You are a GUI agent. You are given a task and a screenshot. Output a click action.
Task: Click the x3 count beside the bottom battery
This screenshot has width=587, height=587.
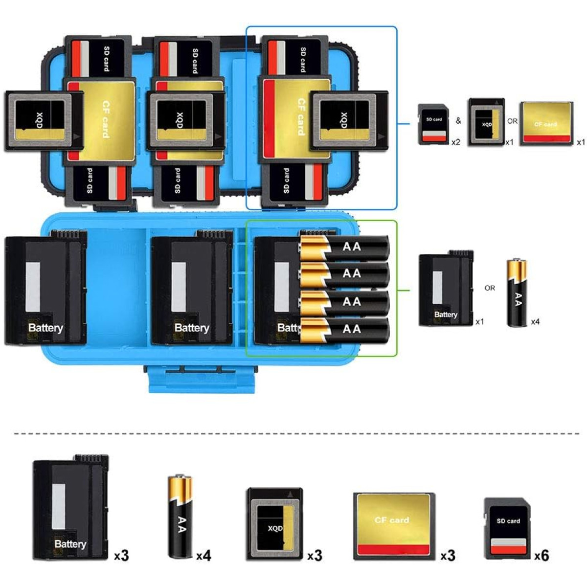click(121, 556)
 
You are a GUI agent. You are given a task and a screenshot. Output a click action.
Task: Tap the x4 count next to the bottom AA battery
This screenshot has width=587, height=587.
click(203, 556)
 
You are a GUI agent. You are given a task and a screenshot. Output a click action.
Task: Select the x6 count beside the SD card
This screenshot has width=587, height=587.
click(542, 555)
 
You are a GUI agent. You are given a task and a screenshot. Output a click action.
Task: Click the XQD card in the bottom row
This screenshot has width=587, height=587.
click(274, 523)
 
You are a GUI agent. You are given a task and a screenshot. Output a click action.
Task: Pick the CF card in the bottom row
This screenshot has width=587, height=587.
click(394, 526)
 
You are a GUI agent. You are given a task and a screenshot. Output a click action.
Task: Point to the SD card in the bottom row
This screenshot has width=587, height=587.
click(508, 528)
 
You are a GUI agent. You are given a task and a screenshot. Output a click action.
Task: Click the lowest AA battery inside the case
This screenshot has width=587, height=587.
click(344, 330)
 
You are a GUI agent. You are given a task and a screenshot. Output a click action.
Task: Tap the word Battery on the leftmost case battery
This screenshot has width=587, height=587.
click(45, 328)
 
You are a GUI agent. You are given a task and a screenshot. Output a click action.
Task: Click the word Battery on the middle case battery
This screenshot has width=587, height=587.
click(191, 328)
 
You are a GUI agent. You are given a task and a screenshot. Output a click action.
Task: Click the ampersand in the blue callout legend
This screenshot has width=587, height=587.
click(458, 121)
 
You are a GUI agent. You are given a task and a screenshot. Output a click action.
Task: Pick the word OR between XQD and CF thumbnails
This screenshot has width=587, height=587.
click(512, 121)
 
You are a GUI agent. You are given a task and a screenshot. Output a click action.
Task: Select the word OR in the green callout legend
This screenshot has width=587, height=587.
click(490, 288)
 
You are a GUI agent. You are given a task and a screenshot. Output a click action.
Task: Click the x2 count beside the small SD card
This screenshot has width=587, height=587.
click(455, 142)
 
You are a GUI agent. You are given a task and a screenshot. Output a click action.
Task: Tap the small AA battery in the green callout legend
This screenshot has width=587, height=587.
click(517, 293)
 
